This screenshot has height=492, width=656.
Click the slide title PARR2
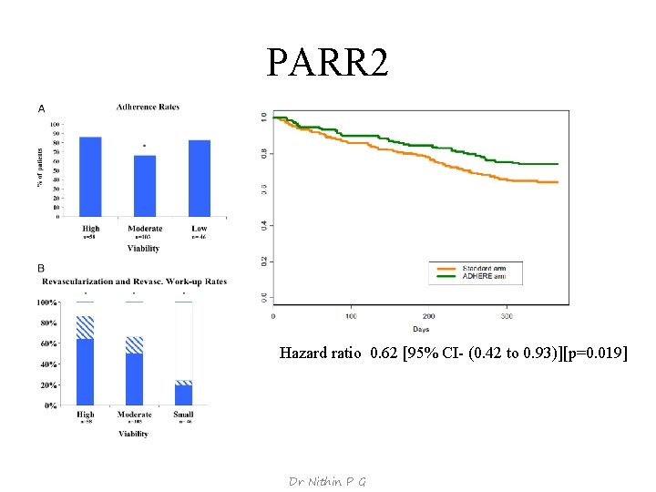coord(327,63)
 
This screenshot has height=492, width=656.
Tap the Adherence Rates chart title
coord(148,107)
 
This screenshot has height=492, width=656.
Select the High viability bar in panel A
coord(90,177)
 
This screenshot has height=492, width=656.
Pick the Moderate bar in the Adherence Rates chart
coord(145,186)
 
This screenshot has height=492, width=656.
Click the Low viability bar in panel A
coord(200,179)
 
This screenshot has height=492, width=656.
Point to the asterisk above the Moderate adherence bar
coord(144,146)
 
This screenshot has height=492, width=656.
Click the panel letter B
coord(40,268)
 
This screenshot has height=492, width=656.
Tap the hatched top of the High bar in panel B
coord(86,327)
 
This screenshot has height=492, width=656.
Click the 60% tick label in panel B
coord(47,343)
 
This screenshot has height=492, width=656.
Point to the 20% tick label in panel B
coord(47,384)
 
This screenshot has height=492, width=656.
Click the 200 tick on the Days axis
coord(428,316)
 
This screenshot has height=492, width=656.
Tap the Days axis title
coord(420,329)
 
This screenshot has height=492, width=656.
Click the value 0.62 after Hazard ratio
coord(384,353)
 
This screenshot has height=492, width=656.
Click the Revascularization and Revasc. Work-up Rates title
coord(134,281)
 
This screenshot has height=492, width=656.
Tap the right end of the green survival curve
coord(557,164)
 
